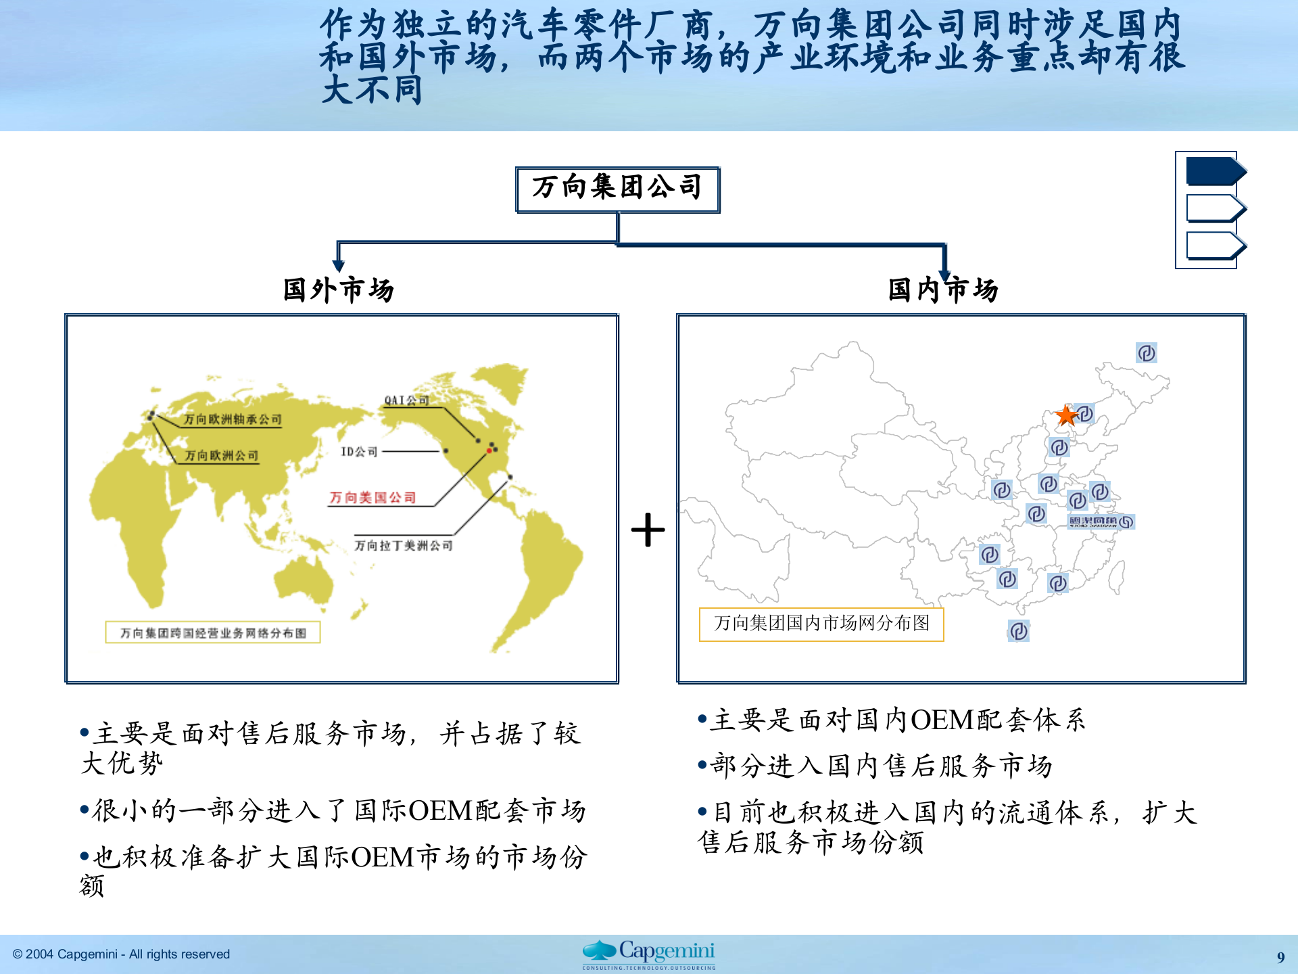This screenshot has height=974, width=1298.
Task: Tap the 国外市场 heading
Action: tap(338, 290)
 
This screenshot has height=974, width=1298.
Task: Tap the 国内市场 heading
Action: tap(943, 290)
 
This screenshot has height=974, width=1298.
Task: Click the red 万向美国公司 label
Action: tap(372, 498)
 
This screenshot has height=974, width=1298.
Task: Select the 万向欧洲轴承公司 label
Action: tap(232, 419)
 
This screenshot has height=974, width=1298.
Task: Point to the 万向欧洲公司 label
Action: tap(222, 456)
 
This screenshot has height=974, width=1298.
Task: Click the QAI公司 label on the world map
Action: tap(406, 400)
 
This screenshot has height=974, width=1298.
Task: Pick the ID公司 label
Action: tap(359, 451)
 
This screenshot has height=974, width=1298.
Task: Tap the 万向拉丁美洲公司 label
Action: tap(404, 545)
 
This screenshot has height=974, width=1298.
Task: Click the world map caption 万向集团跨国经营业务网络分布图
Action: tap(213, 633)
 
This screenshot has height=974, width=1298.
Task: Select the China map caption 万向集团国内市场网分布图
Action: tap(821, 624)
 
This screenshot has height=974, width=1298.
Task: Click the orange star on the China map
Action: tap(1066, 415)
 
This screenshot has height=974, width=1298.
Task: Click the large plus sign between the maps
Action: tap(648, 530)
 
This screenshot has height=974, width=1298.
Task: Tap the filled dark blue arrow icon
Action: tap(1215, 171)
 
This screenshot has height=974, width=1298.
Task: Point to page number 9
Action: tap(1280, 957)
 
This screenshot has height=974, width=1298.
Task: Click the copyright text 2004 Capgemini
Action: tap(122, 954)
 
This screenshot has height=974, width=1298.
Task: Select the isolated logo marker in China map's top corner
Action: tap(1147, 353)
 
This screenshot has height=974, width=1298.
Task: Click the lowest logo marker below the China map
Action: tap(1019, 631)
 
